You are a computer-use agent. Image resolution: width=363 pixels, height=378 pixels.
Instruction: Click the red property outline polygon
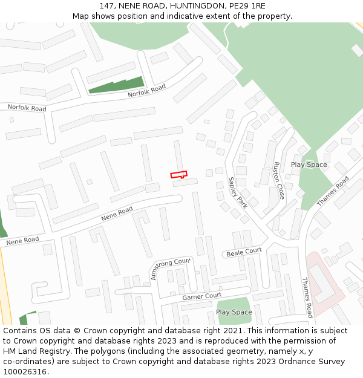[178, 175]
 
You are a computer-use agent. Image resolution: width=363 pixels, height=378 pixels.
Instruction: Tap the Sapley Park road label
[238, 192]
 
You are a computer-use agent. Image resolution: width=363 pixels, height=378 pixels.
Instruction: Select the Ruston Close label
[279, 181]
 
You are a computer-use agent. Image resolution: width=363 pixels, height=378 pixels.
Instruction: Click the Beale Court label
[244, 252]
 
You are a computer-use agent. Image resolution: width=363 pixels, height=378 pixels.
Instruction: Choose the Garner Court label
[202, 296]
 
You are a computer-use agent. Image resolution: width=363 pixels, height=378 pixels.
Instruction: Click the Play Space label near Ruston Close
[309, 165]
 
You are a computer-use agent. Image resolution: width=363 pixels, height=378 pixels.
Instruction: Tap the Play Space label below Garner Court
[234, 312]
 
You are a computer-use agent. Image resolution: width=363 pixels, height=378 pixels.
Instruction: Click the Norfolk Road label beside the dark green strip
[146, 91]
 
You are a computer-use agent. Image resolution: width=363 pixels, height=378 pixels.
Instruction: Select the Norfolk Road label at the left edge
[27, 108]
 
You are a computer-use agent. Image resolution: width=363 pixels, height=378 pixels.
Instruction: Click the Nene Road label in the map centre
[117, 213]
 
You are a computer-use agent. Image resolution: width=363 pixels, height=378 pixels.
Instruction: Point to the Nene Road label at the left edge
[22, 240]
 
